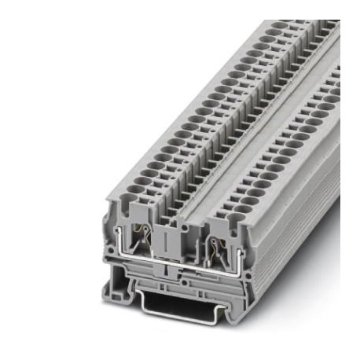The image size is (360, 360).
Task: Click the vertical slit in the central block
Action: tap(167, 243)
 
